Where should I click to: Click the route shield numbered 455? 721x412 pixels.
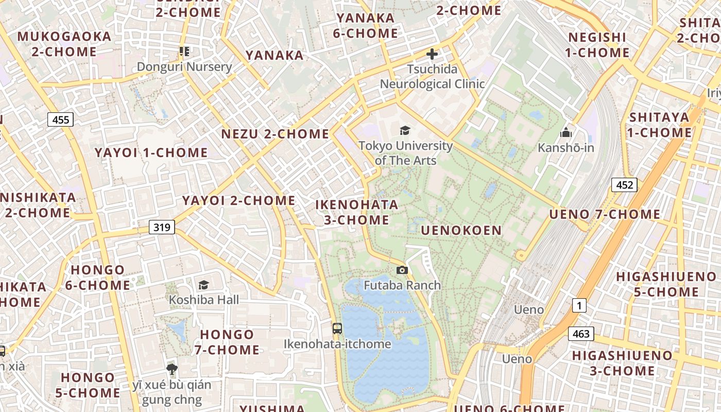[x=61, y=120]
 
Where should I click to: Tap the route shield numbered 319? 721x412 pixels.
[x=162, y=227]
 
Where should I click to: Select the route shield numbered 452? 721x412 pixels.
[x=624, y=185]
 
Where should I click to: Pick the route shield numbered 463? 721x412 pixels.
[x=581, y=334]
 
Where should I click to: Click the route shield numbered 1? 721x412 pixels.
[x=579, y=306]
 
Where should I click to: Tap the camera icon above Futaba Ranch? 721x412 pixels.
[x=402, y=270]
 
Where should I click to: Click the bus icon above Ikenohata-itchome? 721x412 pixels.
[x=337, y=328]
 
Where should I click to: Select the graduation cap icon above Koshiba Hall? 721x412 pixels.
[x=204, y=285]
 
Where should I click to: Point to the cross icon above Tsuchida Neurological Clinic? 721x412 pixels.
[x=432, y=54]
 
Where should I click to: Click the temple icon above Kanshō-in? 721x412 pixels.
[x=566, y=133]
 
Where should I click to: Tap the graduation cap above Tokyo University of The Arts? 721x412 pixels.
[x=405, y=131]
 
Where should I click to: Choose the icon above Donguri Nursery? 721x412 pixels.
[x=184, y=51]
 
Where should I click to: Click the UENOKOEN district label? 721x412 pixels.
[x=461, y=230]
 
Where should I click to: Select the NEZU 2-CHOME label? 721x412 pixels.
[x=275, y=134]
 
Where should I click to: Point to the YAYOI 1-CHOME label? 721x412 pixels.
[x=151, y=152]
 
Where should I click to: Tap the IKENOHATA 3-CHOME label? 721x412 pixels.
[x=356, y=212]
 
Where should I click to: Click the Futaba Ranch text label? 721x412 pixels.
[x=402, y=285]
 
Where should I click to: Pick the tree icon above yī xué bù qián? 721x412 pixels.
[x=172, y=369]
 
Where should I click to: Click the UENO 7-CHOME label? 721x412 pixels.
[x=605, y=214]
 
